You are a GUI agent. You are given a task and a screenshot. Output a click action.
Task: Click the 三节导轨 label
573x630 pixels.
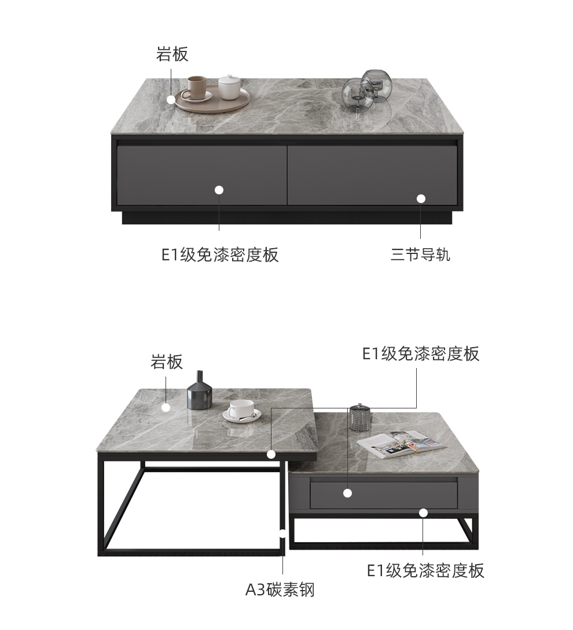point(420,255)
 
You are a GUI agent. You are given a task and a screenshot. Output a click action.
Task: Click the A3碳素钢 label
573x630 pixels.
point(280,590)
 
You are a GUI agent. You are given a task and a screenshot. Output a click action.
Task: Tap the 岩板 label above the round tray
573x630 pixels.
point(172,54)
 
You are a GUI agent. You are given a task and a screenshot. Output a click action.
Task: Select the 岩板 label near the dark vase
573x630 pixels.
point(167,362)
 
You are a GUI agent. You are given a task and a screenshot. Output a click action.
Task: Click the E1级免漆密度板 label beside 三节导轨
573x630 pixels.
point(220,255)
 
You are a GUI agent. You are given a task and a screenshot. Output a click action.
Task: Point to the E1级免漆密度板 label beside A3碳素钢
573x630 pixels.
point(425,570)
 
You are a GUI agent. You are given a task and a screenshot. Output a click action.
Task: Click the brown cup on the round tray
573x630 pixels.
point(196,88)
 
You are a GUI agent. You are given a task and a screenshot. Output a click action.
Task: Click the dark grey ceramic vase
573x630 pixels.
point(199,392)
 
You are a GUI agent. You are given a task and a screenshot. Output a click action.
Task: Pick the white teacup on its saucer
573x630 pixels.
point(241,410)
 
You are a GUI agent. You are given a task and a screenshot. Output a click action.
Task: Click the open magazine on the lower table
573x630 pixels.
point(401,442)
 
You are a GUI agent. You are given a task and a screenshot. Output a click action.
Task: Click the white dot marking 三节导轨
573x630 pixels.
point(421,198)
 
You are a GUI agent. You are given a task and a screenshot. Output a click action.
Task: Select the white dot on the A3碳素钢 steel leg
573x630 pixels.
point(283,533)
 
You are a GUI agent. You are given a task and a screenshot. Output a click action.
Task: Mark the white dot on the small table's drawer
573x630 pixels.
point(347,493)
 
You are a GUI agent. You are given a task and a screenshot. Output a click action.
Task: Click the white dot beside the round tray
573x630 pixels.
point(171,100)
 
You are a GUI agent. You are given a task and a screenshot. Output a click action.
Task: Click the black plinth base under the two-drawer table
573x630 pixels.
point(286,218)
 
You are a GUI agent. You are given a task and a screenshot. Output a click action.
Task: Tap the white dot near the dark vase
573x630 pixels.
point(166,407)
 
